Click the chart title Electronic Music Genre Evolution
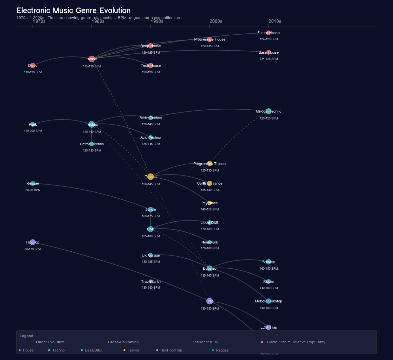pos(73,10)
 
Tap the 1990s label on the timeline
pos(157,21)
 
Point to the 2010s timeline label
pos(275,21)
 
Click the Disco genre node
pos(33,65)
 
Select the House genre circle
pos(92,59)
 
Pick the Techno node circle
pos(92,124)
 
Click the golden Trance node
pos(151,177)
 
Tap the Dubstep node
pos(210,268)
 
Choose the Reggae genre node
pos(33,183)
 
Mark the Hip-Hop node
pos(33,242)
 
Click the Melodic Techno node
pos(269,111)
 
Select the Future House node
pos(269,33)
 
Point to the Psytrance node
pos(210,203)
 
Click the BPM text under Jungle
pos(151,216)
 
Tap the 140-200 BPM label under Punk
pos(33,131)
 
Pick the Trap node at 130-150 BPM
pos(210,301)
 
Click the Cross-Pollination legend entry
pos(123,342)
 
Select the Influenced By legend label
pos(205,342)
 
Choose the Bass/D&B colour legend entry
pos(93,350)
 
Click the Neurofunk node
pos(210,242)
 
